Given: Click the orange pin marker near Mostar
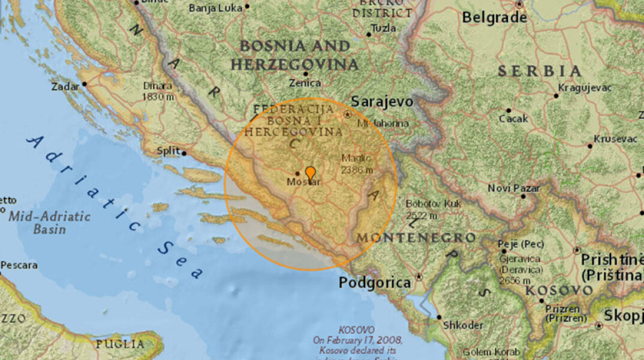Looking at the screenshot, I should coord(310,173).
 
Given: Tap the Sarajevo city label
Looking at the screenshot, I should coord(382,101).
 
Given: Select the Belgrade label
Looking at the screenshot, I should coord(494,17).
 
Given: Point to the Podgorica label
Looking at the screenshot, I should coord(375,282).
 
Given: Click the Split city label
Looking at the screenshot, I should coord(168,151).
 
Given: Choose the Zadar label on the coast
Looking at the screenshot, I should coord(65,86).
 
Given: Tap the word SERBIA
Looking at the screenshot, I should coord(539,71).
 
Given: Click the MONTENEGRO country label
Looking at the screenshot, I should coord(416,238).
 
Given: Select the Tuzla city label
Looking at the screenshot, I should coord(384,28).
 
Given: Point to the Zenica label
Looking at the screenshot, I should coord(305,83).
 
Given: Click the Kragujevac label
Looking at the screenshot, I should coord(585,88).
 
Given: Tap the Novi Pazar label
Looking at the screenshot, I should coord(513,188).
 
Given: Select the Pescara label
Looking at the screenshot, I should coord(19,265).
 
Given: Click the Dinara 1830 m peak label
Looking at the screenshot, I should coord(157,91).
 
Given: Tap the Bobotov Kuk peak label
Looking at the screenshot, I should coord(433,209).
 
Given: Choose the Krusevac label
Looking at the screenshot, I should coord(615,139).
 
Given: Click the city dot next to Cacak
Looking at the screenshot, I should coord(508,110).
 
